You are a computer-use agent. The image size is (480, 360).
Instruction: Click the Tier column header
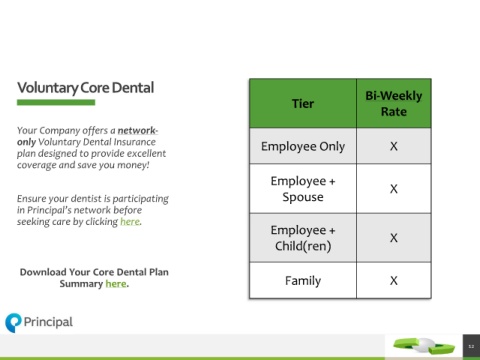pyautogui.click(x=303, y=104)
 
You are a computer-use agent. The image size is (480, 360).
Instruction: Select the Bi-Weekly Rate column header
pyautogui.click(x=394, y=104)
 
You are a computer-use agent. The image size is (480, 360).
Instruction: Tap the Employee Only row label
pyautogui.click(x=303, y=146)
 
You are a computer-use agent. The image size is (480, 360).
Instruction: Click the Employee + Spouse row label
pyautogui.click(x=303, y=189)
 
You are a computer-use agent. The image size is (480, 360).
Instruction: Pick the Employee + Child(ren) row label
pyautogui.click(x=303, y=238)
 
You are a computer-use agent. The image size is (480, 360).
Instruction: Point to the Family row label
pyautogui.click(x=303, y=281)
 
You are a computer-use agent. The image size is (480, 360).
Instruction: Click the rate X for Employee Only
pyautogui.click(x=394, y=146)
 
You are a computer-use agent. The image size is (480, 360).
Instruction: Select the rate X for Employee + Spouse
pyautogui.click(x=394, y=189)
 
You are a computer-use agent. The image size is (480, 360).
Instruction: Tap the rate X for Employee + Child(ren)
pyautogui.click(x=394, y=238)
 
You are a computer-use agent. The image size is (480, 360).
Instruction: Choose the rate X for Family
pyautogui.click(x=394, y=281)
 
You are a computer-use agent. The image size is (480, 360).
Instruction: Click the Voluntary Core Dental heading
pyautogui.click(x=86, y=88)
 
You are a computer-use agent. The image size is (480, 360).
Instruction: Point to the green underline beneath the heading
pyautogui.click(x=56, y=103)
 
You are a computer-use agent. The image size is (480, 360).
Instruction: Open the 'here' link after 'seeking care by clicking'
pyautogui.click(x=130, y=222)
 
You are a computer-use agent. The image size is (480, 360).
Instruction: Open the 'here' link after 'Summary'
pyautogui.click(x=116, y=284)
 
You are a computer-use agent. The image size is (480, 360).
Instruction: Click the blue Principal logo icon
pyautogui.click(x=13, y=323)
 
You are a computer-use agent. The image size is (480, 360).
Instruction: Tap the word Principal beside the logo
pyautogui.click(x=48, y=322)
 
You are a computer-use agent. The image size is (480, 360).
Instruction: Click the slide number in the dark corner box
pyautogui.click(x=471, y=347)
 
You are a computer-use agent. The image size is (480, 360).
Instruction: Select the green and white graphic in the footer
pyautogui.click(x=424, y=346)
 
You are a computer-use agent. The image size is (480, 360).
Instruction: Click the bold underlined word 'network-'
pyautogui.click(x=138, y=130)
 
